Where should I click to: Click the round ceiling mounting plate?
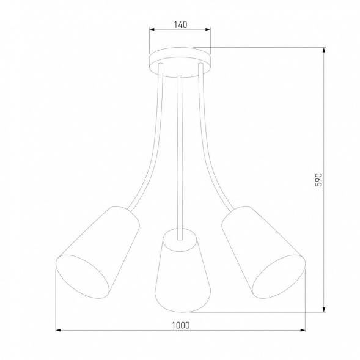pyautogui.click(x=180, y=59)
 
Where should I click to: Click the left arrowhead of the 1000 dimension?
pyautogui.click(x=58, y=331)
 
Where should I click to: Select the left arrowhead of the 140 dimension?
pyautogui.click(x=152, y=34)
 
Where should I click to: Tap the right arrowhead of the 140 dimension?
pyautogui.click(x=207, y=34)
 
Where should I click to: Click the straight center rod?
pyautogui.click(x=179, y=153)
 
